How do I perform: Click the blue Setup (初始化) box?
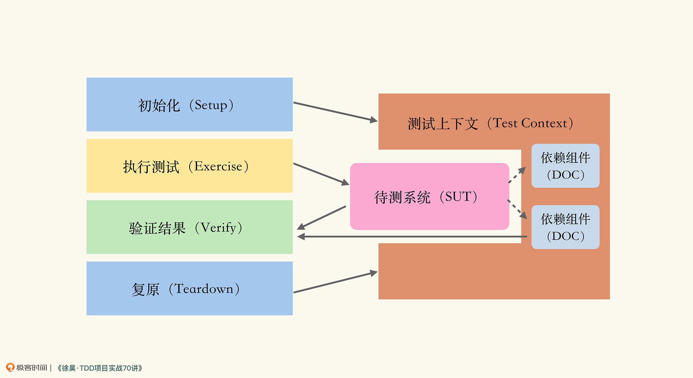tap(190, 104)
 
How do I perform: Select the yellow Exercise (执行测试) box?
tap(190, 166)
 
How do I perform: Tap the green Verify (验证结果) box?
tap(190, 227)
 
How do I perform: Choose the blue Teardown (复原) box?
tap(190, 288)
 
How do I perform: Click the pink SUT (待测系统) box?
tap(429, 196)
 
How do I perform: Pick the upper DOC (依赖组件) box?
tap(565, 166)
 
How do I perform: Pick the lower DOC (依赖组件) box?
tap(565, 227)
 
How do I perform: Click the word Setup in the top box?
tap(211, 105)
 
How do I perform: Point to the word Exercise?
tap(218, 166)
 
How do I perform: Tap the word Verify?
tap(219, 228)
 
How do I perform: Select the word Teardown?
tap(204, 289)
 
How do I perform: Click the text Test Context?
tap(530, 123)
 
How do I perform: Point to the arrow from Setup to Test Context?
tap(336, 112)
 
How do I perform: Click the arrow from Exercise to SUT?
tap(321, 174)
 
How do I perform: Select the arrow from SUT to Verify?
tap(321, 218)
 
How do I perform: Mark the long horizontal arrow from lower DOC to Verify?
tap(412, 237)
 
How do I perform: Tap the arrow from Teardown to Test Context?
tap(336, 282)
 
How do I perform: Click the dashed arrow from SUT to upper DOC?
tap(517, 175)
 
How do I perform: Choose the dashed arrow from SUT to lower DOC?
tap(517, 209)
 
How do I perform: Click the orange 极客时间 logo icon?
tap(10, 367)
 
